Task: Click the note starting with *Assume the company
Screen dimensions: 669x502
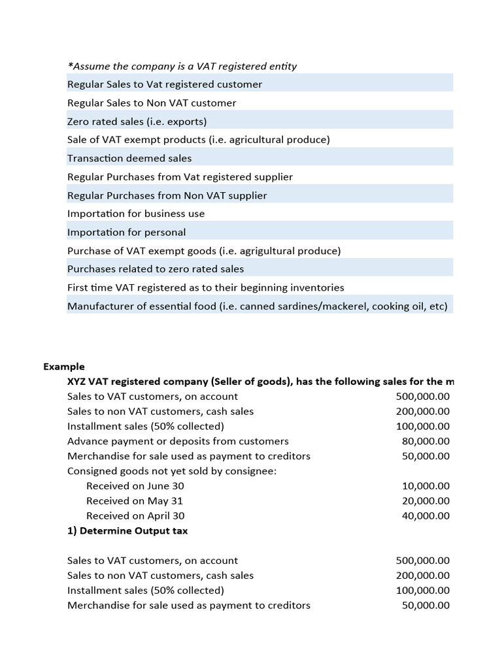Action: click(x=182, y=66)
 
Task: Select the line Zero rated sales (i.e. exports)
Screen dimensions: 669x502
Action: click(x=137, y=122)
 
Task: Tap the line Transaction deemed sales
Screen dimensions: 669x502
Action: click(x=129, y=158)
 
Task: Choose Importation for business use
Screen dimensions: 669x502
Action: click(x=136, y=214)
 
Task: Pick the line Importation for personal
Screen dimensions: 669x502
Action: click(x=126, y=232)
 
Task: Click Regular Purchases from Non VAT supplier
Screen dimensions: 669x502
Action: click(x=167, y=195)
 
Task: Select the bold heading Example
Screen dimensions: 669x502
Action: click(x=64, y=367)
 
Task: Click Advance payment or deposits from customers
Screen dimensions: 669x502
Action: click(x=178, y=441)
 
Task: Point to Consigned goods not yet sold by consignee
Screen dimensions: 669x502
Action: click(x=172, y=471)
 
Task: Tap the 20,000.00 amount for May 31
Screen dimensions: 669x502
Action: click(x=426, y=501)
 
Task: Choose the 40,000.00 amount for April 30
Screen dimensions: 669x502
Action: click(x=426, y=515)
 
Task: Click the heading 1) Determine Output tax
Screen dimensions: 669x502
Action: click(x=127, y=530)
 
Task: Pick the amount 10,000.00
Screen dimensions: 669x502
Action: click(x=426, y=486)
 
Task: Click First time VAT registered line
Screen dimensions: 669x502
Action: click(x=205, y=287)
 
